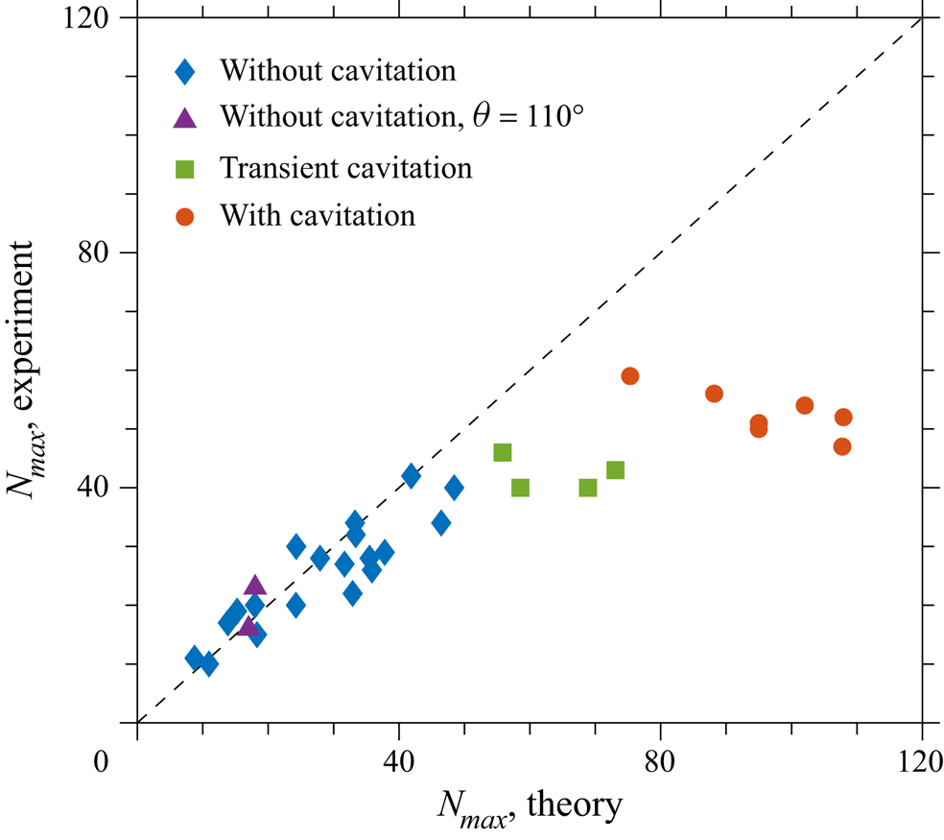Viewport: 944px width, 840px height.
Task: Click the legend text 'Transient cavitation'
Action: (346, 168)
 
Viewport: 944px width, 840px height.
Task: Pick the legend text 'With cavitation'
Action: (318, 215)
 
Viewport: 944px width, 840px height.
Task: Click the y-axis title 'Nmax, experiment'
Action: (29, 370)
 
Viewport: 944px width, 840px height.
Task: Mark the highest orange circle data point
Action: (630, 375)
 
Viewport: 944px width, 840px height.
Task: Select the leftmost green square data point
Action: (503, 452)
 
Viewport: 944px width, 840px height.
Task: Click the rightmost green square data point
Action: (616, 469)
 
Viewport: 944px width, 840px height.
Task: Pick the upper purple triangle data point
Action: (254, 586)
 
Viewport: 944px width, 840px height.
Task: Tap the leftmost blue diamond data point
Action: (195, 658)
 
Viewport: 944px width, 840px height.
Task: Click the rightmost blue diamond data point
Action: (454, 488)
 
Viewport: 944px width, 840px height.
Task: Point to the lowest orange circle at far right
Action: (842, 446)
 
